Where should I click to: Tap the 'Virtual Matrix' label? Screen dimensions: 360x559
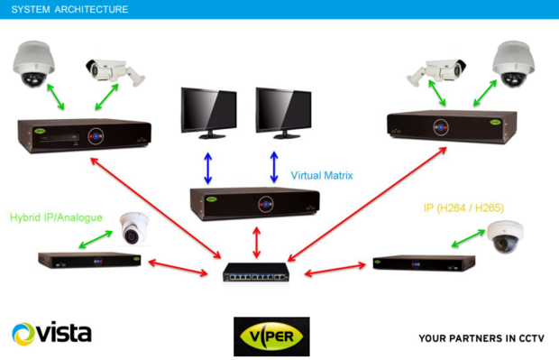pyautogui.click(x=323, y=175)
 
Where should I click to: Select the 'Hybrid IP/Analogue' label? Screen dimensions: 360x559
pyautogui.click(x=56, y=217)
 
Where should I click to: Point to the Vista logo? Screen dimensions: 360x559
pyautogui.click(x=51, y=334)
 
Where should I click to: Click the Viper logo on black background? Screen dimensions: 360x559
pyautogui.click(x=271, y=336)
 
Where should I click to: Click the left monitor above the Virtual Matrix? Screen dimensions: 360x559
pyautogui.click(x=209, y=112)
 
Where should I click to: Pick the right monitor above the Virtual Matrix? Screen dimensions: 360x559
pyautogui.click(x=285, y=112)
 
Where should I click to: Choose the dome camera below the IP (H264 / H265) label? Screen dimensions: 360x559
pyautogui.click(x=504, y=236)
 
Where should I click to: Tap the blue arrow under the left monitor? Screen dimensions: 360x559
pyautogui.click(x=207, y=167)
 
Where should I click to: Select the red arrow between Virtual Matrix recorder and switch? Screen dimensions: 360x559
pyautogui.click(x=257, y=242)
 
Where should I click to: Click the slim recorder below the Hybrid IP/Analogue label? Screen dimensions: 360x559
pyautogui.click(x=89, y=260)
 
